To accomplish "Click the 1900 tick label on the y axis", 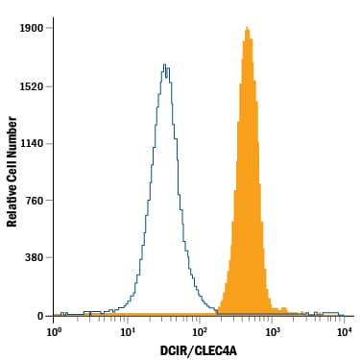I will [x=31, y=29].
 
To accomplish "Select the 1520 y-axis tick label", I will [x=31, y=86].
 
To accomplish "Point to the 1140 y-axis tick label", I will [x=31, y=144].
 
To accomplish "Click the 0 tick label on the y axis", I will [x=40, y=316].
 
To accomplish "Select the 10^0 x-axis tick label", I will [x=55, y=331].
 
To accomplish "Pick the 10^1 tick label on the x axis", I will [x=128, y=331].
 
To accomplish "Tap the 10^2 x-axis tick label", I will [x=200, y=331].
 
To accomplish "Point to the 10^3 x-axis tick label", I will [x=273, y=331].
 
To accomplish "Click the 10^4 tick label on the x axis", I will [x=345, y=331].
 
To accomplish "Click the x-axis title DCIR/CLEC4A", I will [x=200, y=350].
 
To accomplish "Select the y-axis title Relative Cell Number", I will [x=12, y=172].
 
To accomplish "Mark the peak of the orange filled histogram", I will [x=247, y=28].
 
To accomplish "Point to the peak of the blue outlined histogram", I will [x=165, y=65].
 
